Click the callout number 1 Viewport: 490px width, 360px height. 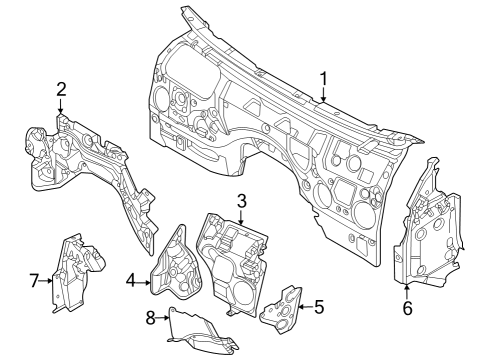coord(324,78)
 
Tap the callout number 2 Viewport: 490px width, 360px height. coord(61,88)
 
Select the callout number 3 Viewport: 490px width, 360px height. coord(241,201)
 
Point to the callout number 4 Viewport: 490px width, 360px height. coord(132,282)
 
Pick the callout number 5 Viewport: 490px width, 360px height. coord(319,307)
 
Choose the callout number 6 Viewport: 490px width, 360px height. coord(406,308)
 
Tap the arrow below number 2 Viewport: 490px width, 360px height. coord(61,108)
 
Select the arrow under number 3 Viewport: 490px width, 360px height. coord(241,219)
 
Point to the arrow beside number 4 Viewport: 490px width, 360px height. coord(145,282)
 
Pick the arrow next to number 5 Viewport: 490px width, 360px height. coord(303,307)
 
